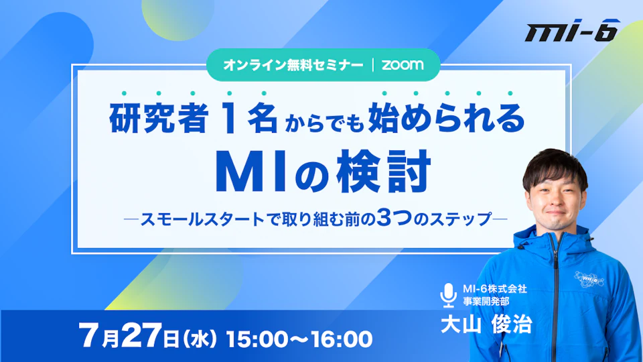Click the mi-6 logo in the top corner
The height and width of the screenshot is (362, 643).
pos(573,30)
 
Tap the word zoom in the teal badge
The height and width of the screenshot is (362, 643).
pos(403,65)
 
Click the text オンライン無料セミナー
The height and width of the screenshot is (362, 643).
pos(293,65)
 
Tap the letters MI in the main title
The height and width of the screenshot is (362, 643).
pos(251,172)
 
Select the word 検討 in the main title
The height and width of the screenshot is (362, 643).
pos(383,172)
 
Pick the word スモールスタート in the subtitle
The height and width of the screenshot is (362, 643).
pos(202,219)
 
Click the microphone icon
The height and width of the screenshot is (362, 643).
pos(448,295)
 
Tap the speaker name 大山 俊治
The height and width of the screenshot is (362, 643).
pos(486,324)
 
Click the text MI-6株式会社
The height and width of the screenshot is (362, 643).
pos(495,289)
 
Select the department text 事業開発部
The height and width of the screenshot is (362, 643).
pos(486,301)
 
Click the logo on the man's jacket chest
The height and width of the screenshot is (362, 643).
pos(589,279)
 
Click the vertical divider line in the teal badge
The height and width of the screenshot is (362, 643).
pos(373,65)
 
